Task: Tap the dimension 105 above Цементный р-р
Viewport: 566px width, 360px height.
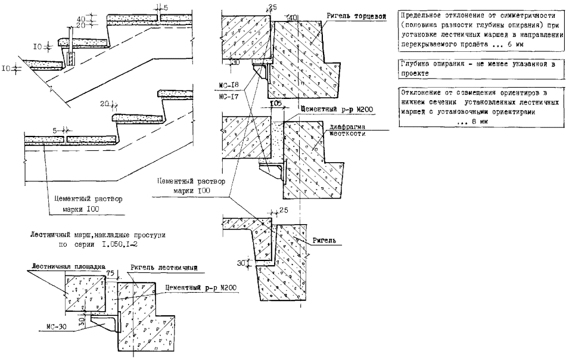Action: point(275,103)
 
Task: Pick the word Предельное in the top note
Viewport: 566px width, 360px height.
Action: point(424,15)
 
